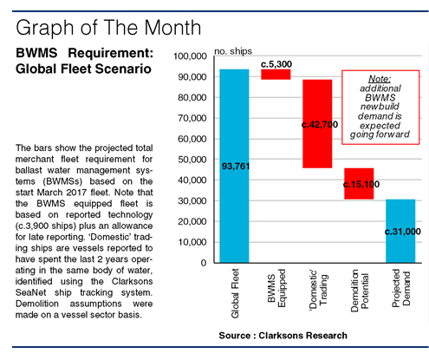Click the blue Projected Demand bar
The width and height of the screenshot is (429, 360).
(x=400, y=231)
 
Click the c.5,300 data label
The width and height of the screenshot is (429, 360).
(x=276, y=63)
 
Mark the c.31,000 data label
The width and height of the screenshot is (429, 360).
(x=400, y=232)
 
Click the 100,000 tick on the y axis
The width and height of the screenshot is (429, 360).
(x=189, y=56)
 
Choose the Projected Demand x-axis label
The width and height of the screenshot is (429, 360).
(x=400, y=299)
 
